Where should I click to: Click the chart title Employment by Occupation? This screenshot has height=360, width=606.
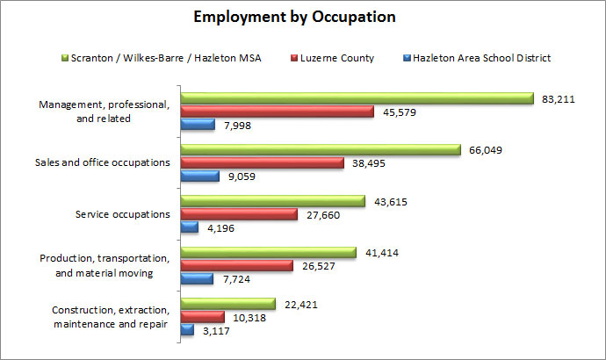click(296, 17)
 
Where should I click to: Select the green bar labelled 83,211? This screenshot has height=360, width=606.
click(357, 98)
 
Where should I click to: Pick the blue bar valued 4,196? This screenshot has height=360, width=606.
click(190, 227)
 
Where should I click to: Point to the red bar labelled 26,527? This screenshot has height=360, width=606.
click(236, 265)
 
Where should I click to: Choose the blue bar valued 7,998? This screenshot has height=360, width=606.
click(198, 125)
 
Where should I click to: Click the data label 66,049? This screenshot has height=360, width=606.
click(488, 151)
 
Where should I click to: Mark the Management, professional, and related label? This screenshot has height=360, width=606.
click(104, 112)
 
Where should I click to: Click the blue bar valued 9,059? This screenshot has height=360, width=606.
click(199, 176)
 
